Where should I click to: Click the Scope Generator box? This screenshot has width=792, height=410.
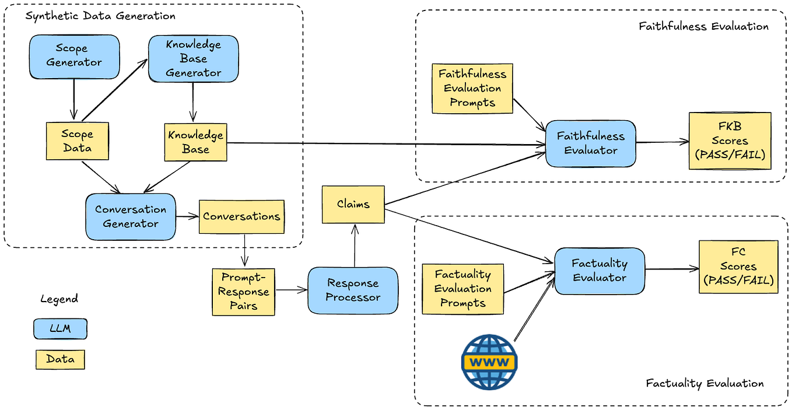74,56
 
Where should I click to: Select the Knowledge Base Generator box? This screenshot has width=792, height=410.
193,59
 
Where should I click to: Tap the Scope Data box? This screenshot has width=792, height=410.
78,141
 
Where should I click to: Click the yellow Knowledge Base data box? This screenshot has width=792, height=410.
195,142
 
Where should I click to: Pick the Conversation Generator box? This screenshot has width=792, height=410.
130,216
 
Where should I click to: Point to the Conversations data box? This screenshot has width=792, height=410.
241,216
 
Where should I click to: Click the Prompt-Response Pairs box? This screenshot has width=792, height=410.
243,292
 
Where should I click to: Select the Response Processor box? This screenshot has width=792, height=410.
353,290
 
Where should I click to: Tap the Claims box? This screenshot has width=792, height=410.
353,204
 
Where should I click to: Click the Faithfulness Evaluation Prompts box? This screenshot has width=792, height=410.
472,89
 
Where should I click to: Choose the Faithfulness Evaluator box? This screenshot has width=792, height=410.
590,143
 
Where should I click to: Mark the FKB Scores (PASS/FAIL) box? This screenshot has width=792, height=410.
730,141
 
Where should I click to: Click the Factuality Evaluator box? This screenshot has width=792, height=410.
600,271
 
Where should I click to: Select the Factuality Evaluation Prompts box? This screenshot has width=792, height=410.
462,289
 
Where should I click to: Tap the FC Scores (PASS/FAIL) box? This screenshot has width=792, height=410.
738,267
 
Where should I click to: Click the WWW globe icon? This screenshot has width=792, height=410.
489,362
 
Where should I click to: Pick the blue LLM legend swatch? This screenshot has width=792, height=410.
60,329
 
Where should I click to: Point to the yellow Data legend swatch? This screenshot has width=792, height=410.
60,359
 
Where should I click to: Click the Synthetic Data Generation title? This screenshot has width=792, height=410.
100,16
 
